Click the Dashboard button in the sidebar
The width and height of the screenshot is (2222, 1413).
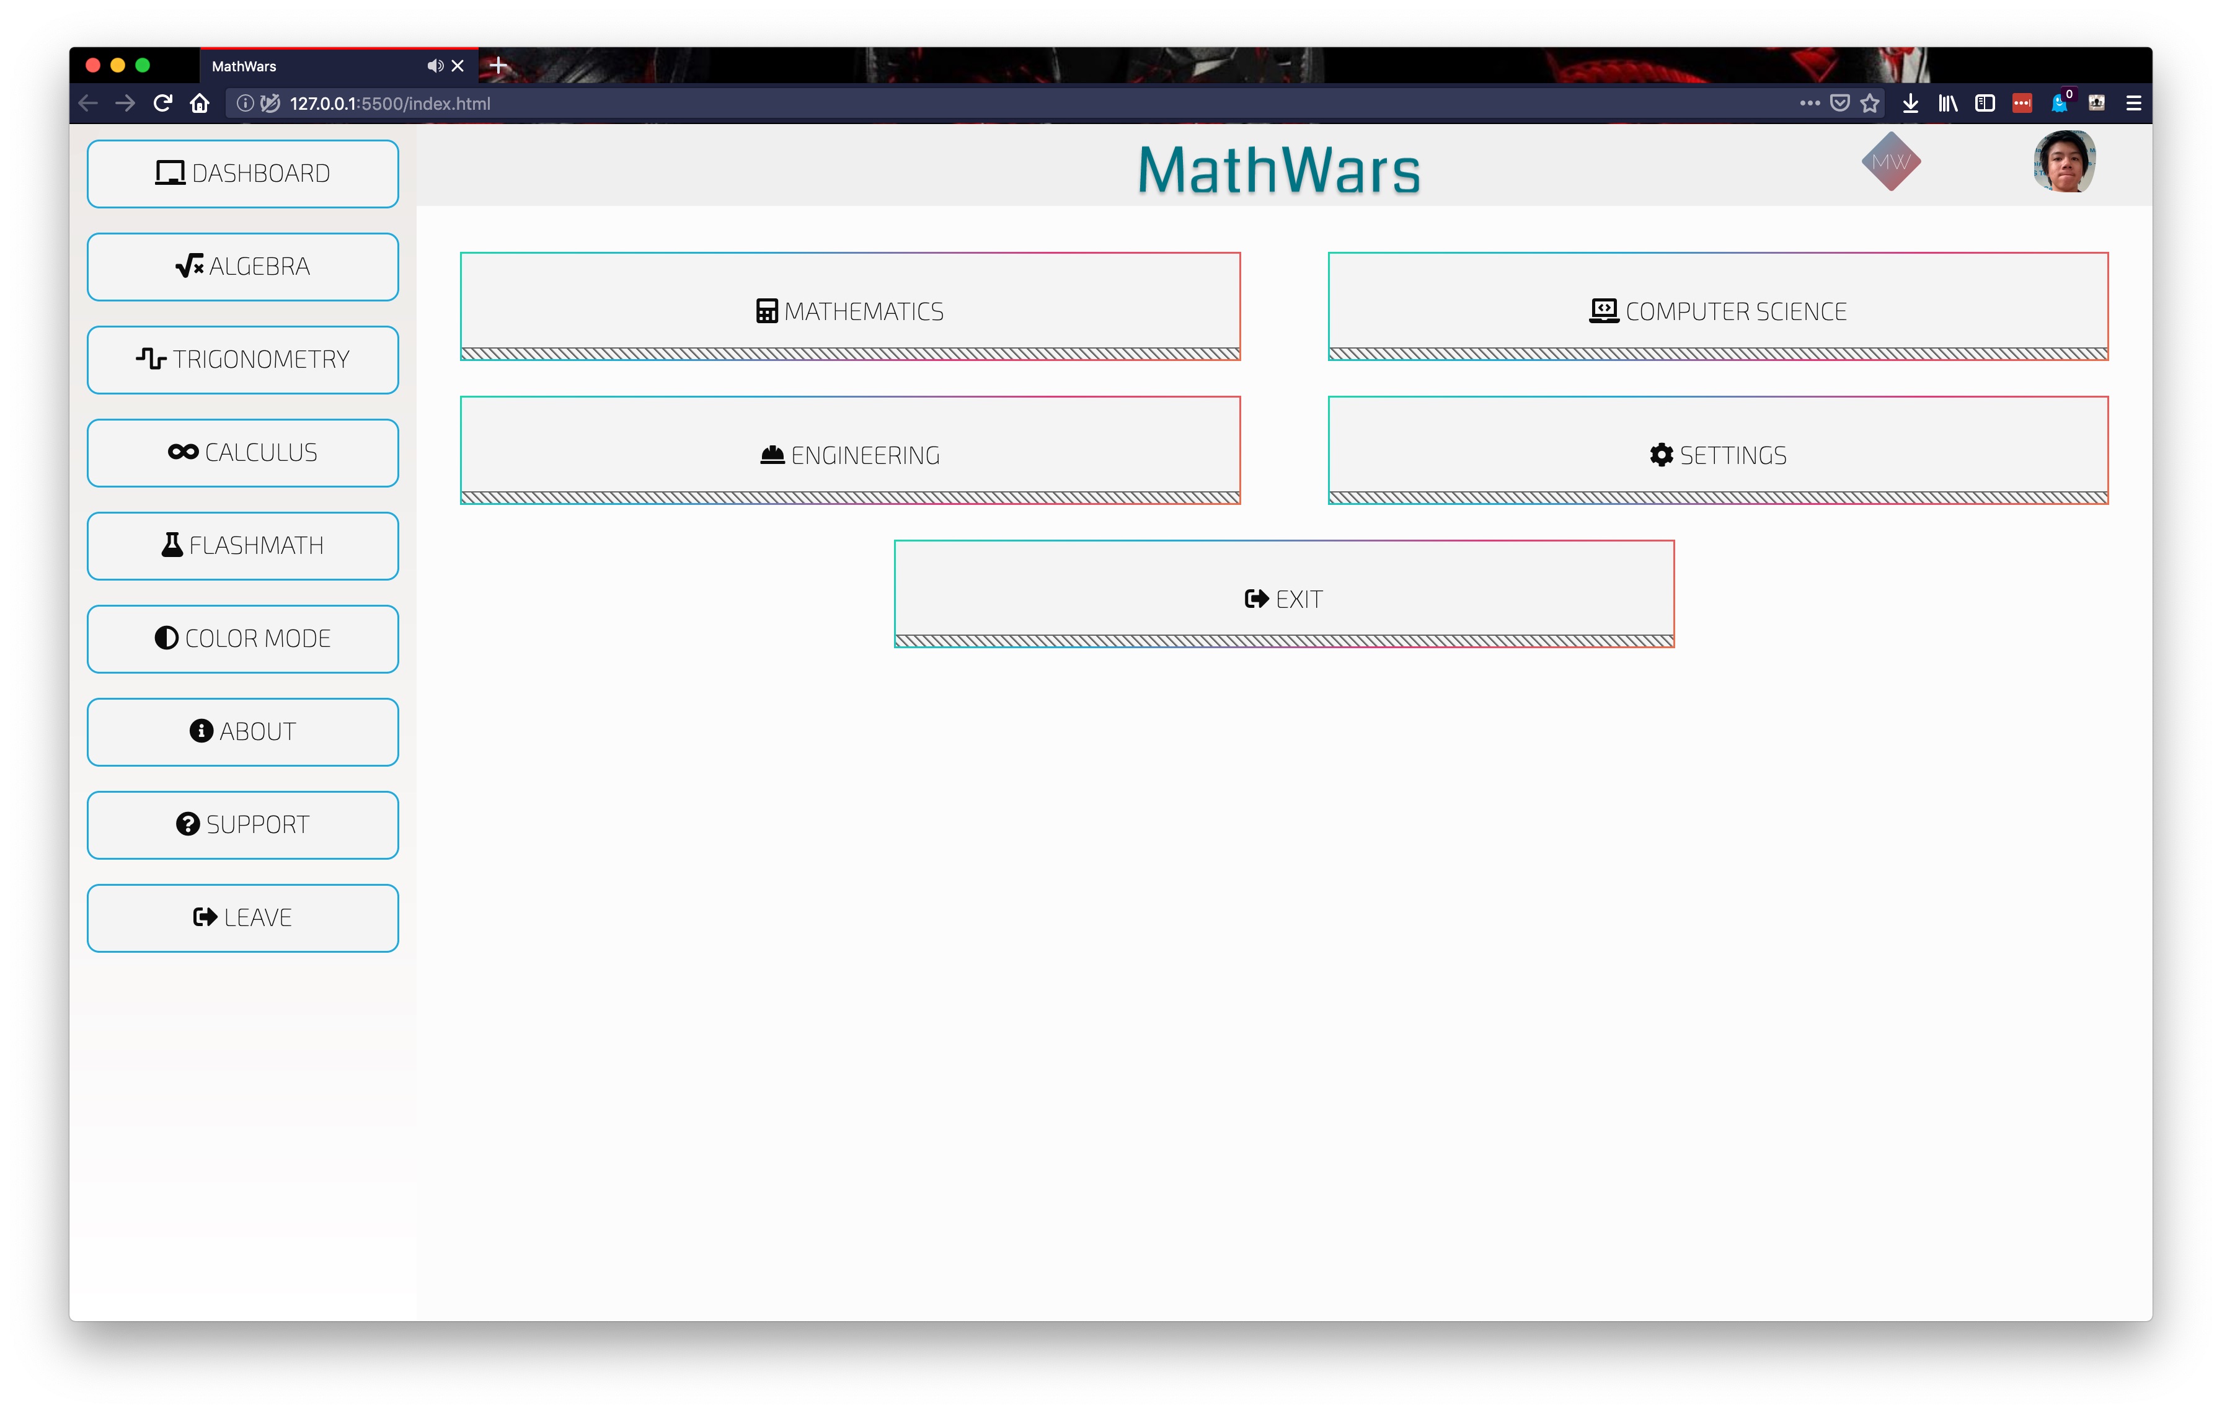pos(242,174)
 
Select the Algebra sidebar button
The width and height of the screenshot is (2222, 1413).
pos(242,267)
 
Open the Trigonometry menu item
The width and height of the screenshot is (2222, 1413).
pos(242,360)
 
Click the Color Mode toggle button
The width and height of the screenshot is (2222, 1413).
pos(242,639)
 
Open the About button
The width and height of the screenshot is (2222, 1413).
pos(242,732)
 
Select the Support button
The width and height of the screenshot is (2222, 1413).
pos(242,825)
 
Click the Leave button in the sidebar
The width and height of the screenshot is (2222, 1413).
pos(242,918)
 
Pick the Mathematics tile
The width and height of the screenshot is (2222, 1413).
pos(850,306)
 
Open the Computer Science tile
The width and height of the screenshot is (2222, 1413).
pos(1717,306)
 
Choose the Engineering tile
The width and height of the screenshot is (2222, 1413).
pos(850,450)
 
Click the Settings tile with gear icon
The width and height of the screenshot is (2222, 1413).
pos(1717,450)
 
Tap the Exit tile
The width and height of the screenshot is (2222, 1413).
pos(1283,594)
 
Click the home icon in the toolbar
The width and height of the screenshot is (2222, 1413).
pos(199,104)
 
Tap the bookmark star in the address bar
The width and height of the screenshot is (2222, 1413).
pos(1869,104)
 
